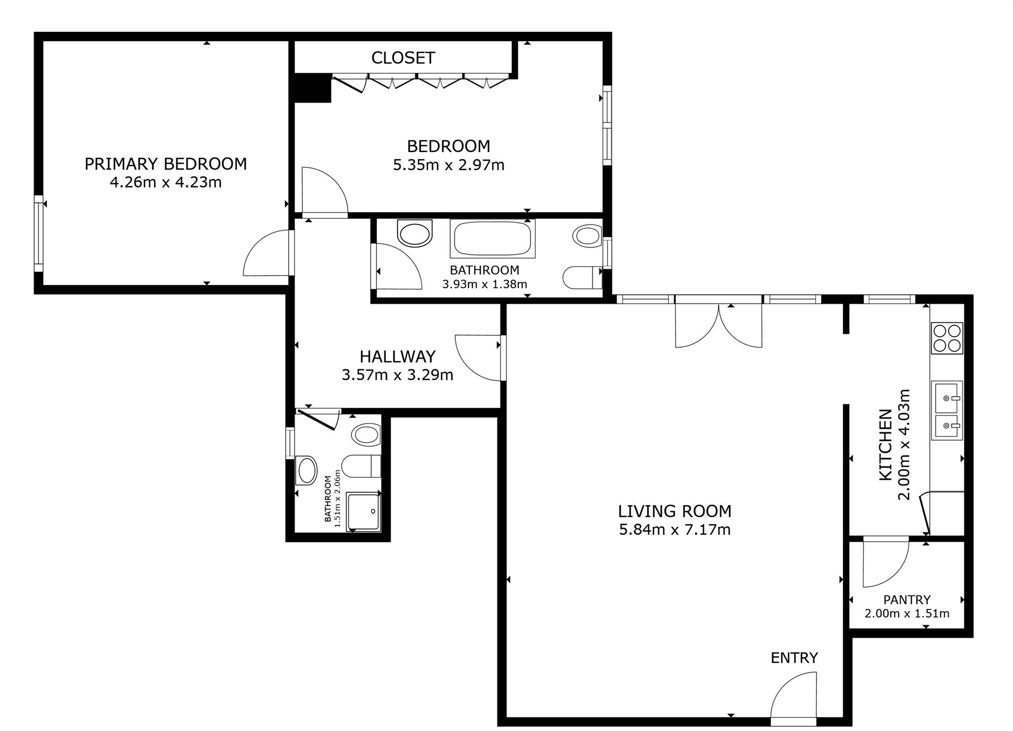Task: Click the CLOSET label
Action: [403, 58]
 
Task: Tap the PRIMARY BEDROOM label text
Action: [166, 164]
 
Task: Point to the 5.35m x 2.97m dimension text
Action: [449, 165]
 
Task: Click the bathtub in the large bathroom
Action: [492, 239]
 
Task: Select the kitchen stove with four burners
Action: [947, 338]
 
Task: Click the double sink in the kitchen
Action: [946, 410]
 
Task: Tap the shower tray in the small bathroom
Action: [363, 511]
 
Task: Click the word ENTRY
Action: [794, 658]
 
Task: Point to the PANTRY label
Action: [907, 600]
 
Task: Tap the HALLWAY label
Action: [398, 357]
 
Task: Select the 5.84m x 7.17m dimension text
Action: [675, 530]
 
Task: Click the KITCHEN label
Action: [885, 445]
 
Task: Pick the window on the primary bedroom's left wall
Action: [38, 234]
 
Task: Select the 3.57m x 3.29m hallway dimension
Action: [398, 375]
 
